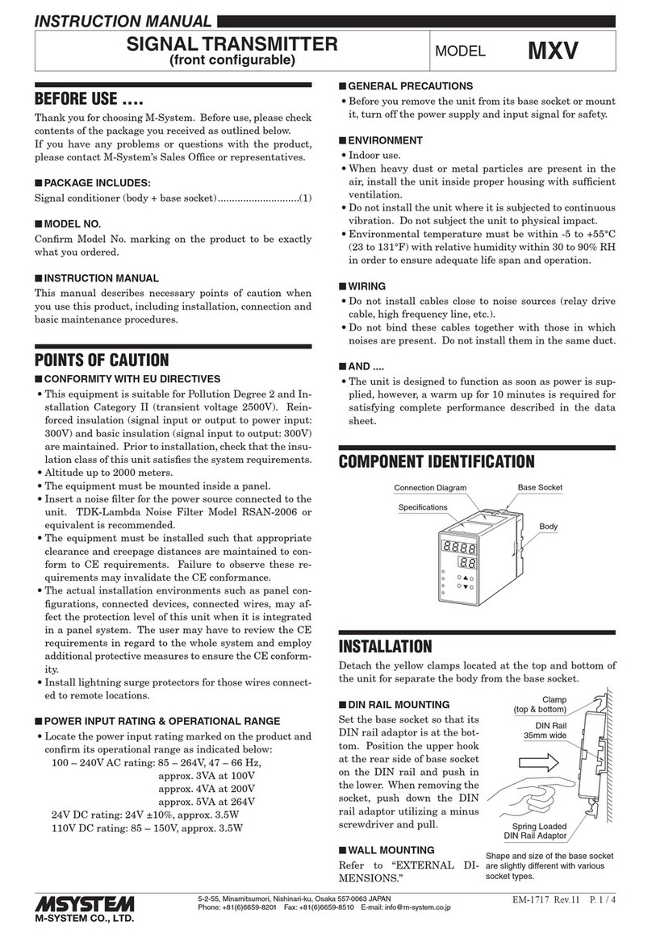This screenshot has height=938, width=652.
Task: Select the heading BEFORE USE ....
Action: tap(88, 102)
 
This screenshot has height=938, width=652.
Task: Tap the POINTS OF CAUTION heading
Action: tap(101, 360)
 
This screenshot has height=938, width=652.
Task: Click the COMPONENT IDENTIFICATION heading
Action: tap(436, 461)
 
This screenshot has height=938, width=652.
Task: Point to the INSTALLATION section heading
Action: tap(385, 646)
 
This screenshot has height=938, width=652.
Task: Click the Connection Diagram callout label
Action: tap(430, 488)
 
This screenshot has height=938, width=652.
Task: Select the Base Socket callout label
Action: tap(540, 487)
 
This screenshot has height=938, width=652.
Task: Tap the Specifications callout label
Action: tap(422, 507)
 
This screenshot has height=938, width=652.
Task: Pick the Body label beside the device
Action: tap(549, 527)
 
